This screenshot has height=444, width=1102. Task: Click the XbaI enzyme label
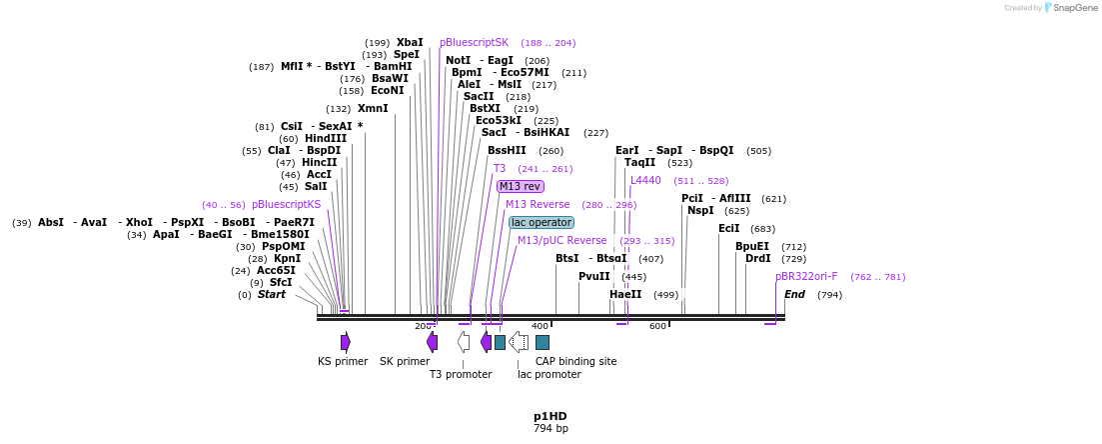(410, 42)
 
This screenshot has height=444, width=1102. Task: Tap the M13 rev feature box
(521, 186)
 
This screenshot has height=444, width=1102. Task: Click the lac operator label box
(542, 222)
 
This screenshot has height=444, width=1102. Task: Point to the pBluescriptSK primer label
(475, 42)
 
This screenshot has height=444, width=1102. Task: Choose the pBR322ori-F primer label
(806, 276)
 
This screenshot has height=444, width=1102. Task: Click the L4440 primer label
(645, 180)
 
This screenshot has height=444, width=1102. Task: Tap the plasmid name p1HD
(550, 416)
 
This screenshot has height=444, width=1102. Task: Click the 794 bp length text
(550, 428)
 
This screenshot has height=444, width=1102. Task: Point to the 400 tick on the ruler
(540, 326)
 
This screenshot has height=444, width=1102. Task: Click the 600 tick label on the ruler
(657, 326)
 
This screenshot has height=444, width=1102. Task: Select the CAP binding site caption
(575, 361)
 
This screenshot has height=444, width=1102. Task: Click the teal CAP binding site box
(543, 342)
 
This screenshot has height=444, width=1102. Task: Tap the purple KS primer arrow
(345, 342)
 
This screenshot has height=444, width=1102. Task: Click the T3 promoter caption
(461, 374)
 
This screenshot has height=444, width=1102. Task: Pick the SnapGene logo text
(1070, 8)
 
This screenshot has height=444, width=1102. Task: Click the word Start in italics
(272, 294)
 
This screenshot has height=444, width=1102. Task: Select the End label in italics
(794, 294)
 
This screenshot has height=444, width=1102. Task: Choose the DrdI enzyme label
(757, 258)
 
